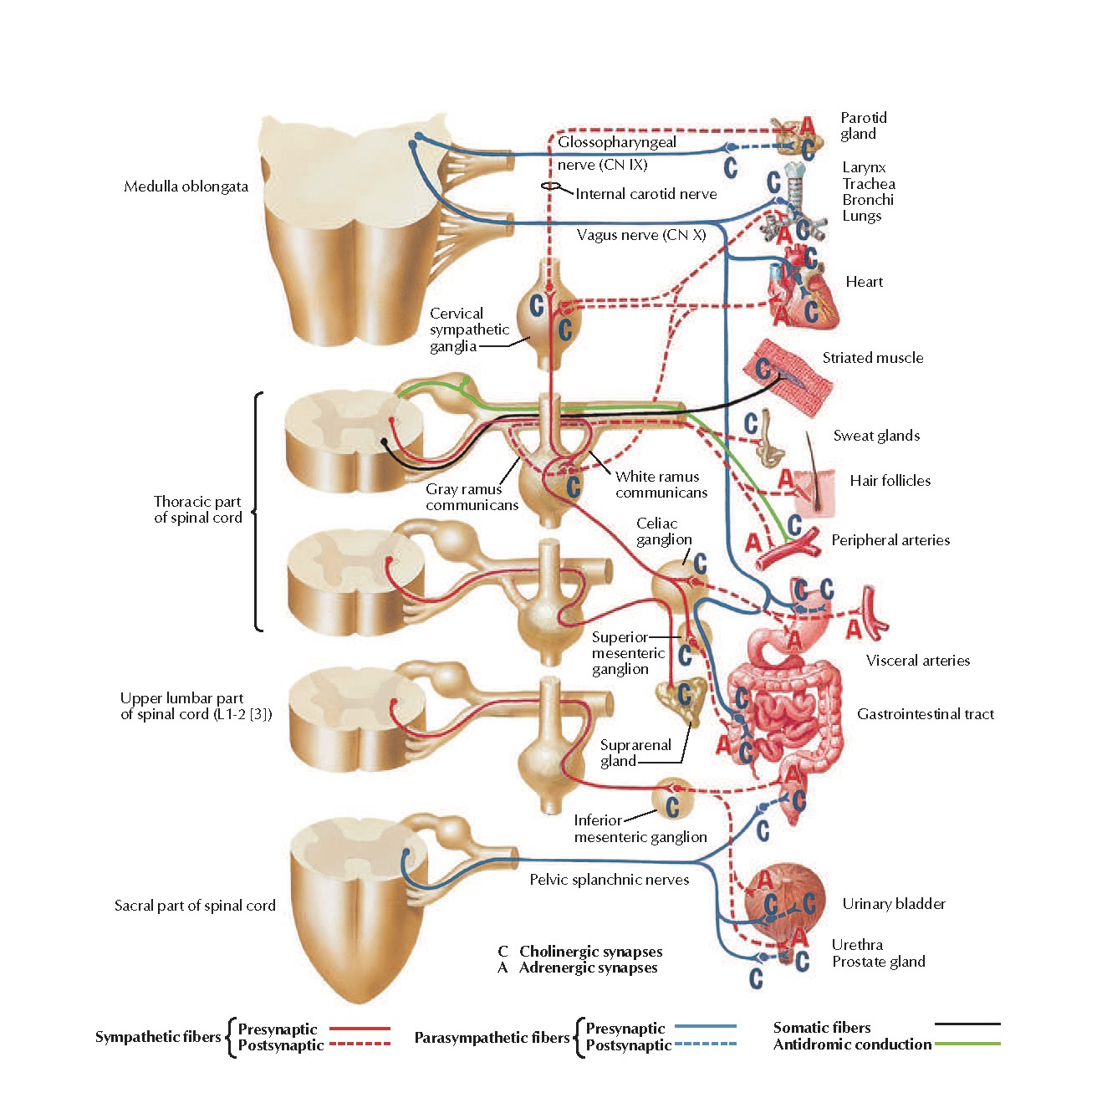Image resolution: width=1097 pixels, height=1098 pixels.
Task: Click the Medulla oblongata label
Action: tap(186, 186)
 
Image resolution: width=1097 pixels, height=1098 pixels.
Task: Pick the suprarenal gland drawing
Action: tap(679, 702)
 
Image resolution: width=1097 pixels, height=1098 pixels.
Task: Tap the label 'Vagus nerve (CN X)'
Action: tap(641, 235)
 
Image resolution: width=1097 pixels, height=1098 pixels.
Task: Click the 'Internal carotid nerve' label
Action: tap(645, 194)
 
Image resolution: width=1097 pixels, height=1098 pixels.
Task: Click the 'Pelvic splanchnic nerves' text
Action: tap(609, 880)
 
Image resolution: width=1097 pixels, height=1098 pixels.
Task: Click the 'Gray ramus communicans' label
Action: tap(472, 497)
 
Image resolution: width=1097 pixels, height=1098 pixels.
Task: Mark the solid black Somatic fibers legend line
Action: tap(967, 1024)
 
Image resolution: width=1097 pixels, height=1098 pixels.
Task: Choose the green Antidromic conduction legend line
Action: tap(967, 1044)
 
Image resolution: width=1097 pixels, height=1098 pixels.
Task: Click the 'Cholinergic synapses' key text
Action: tap(590, 952)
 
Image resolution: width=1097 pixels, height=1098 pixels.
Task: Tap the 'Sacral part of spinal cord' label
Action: tap(195, 906)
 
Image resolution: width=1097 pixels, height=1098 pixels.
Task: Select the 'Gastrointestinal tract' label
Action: tap(926, 714)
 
